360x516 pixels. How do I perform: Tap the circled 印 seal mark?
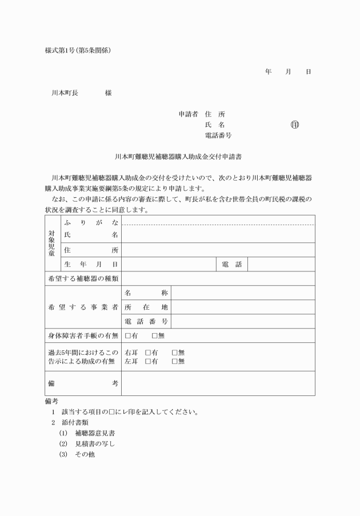tap(295, 125)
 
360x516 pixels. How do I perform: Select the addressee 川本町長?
tap(65, 93)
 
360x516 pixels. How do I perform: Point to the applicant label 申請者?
tap(188, 114)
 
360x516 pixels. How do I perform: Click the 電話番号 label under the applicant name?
tap(218, 135)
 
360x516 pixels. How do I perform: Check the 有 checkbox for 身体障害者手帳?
tap(128, 335)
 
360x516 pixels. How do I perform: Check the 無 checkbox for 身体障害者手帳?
tap(155, 335)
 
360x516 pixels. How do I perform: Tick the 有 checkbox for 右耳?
tap(148, 353)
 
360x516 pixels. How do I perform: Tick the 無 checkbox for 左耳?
tap(175, 361)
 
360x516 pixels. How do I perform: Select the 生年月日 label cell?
tap(91, 264)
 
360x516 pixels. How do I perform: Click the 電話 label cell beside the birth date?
tap(231, 264)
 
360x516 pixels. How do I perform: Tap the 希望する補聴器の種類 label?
tap(83, 278)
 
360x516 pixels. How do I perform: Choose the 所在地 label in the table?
tap(146, 307)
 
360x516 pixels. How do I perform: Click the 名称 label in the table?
tap(146, 293)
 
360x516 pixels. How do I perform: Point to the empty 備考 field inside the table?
tap(218, 383)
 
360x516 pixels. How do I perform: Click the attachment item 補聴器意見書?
tap(95, 433)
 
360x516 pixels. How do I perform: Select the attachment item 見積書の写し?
tap(95, 444)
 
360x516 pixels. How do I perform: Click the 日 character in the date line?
tap(308, 71)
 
